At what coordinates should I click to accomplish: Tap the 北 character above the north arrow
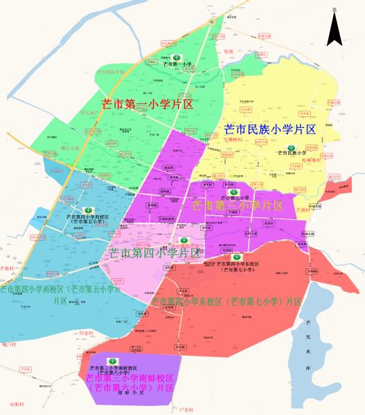coord(335,10)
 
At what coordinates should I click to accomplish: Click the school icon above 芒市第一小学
coord(177,57)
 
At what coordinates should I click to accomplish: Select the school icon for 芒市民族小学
coord(290,148)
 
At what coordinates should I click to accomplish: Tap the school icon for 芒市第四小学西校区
coord(88,210)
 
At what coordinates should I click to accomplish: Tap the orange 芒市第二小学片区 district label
coord(237,205)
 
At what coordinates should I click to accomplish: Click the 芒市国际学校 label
coord(110,71)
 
